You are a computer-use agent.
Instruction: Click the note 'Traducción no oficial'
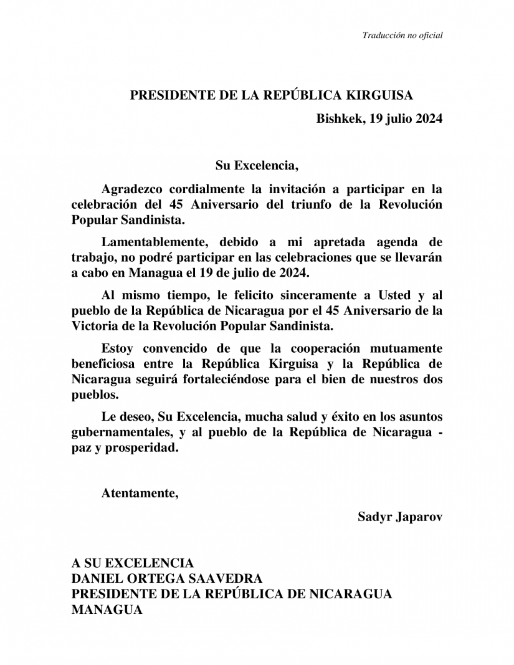point(402,36)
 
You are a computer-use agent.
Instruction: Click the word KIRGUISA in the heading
point(379,95)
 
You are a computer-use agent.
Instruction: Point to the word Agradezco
point(131,188)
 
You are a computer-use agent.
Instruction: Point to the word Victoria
point(93,325)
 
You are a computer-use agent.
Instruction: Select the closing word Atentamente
point(140,494)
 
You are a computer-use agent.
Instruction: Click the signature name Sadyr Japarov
point(400,517)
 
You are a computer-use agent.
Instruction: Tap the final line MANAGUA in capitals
point(107,610)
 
